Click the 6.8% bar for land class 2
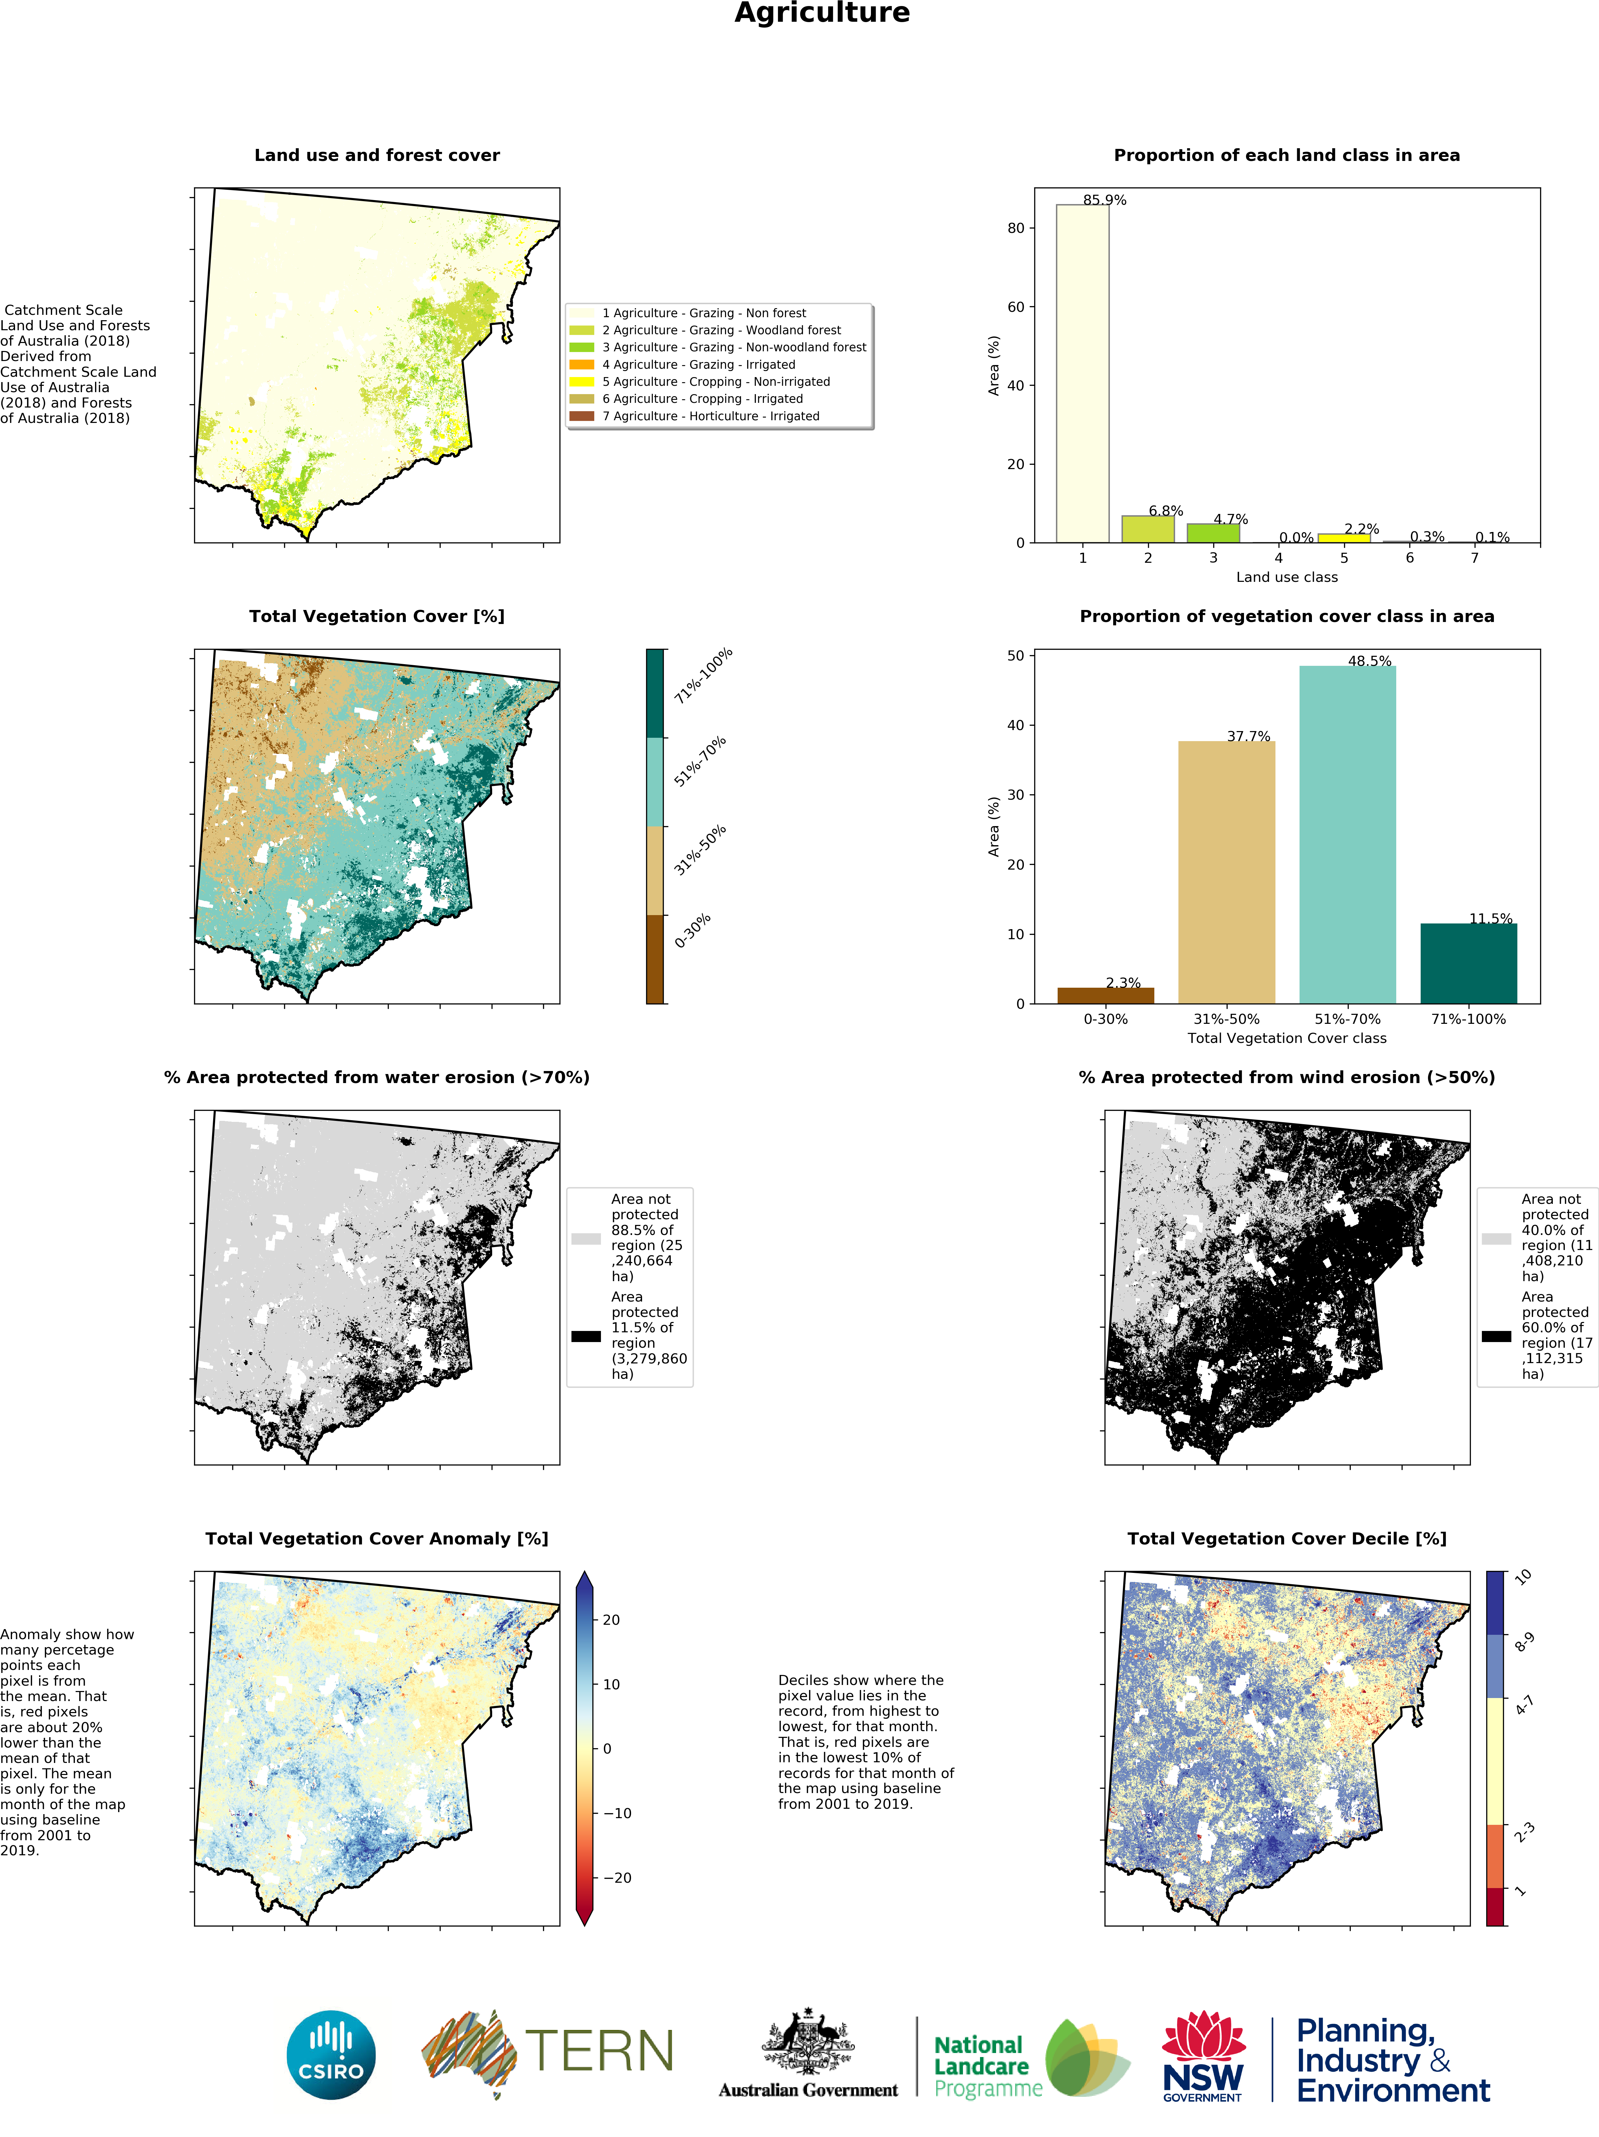click(1148, 529)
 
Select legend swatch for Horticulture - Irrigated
click(582, 416)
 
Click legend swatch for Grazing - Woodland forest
click(582, 331)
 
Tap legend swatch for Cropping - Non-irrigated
click(582, 382)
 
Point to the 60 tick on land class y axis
click(1015, 307)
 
